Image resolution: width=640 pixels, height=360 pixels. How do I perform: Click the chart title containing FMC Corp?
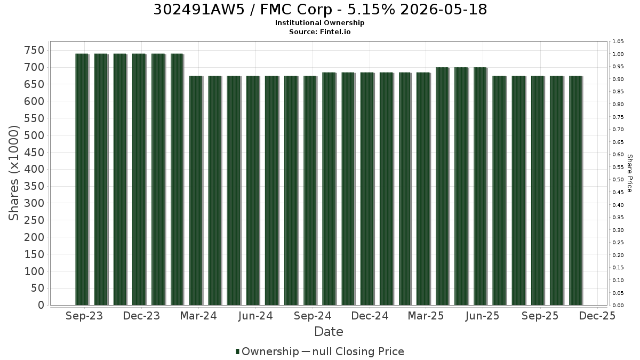pyautogui.click(x=320, y=10)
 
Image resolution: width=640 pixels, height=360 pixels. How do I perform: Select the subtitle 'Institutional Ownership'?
pyautogui.click(x=319, y=23)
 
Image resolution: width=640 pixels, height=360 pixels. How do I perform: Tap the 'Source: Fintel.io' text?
pyautogui.click(x=319, y=31)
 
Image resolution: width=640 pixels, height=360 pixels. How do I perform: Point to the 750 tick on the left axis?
pyautogui.click(x=35, y=50)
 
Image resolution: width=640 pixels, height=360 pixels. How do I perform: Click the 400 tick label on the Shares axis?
pyautogui.click(x=35, y=169)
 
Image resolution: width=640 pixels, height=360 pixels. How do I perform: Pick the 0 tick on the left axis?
pyautogui.click(x=42, y=305)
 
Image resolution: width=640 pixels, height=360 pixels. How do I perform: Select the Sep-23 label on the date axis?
pyautogui.click(x=84, y=316)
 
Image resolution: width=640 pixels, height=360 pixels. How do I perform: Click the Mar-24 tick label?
pyautogui.click(x=198, y=316)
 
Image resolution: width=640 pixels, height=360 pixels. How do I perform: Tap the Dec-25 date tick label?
pyautogui.click(x=597, y=316)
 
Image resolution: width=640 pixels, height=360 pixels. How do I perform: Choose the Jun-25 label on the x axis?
pyautogui.click(x=482, y=316)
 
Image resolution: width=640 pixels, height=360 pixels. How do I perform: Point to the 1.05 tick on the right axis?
pyautogui.click(x=618, y=42)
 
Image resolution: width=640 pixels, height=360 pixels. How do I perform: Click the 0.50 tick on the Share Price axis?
pyautogui.click(x=618, y=180)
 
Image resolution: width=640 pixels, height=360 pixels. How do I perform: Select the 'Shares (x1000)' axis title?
pyautogui.click(x=14, y=173)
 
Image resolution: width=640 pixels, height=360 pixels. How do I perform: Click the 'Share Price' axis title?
pyautogui.click(x=630, y=173)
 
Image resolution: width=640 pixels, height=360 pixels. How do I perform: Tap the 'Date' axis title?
pyautogui.click(x=329, y=332)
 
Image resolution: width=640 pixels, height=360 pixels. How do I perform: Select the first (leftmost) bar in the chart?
pyautogui.click(x=82, y=179)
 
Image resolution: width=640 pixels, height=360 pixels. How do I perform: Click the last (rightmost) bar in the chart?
pyautogui.click(x=576, y=190)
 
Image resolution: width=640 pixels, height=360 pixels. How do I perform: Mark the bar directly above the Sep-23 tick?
pyautogui.click(x=82, y=179)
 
